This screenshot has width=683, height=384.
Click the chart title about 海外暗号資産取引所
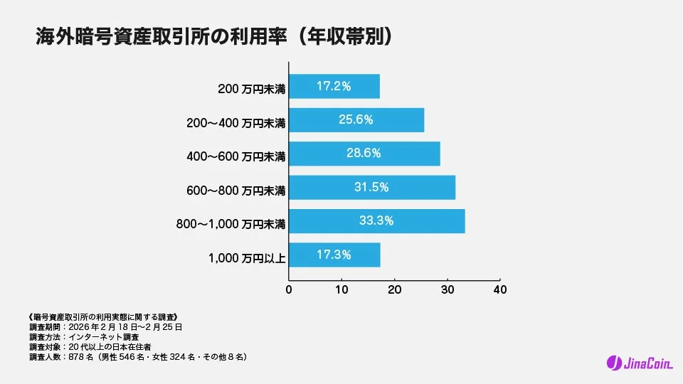pos(213,37)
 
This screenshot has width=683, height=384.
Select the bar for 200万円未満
pos(334,86)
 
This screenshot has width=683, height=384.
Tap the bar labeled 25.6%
pos(356,120)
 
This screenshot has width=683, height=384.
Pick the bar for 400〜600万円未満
pos(364,154)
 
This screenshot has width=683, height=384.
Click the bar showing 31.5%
pos(372,187)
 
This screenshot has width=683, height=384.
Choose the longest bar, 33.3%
pos(377,220)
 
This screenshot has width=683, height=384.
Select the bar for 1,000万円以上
pos(334,255)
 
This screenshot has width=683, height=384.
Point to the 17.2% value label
pos(334,86)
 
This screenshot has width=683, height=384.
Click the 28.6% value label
pos(364,153)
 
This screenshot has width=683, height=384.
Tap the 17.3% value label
pos(334,254)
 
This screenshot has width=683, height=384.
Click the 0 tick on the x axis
pos(289,290)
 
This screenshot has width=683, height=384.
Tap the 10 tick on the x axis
pos(341,290)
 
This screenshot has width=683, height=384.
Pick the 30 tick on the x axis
pos(448,290)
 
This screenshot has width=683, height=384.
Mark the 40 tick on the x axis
pos(500,290)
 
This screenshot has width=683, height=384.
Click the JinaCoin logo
pos(640,363)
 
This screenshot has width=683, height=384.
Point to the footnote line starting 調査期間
pos(103,327)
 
